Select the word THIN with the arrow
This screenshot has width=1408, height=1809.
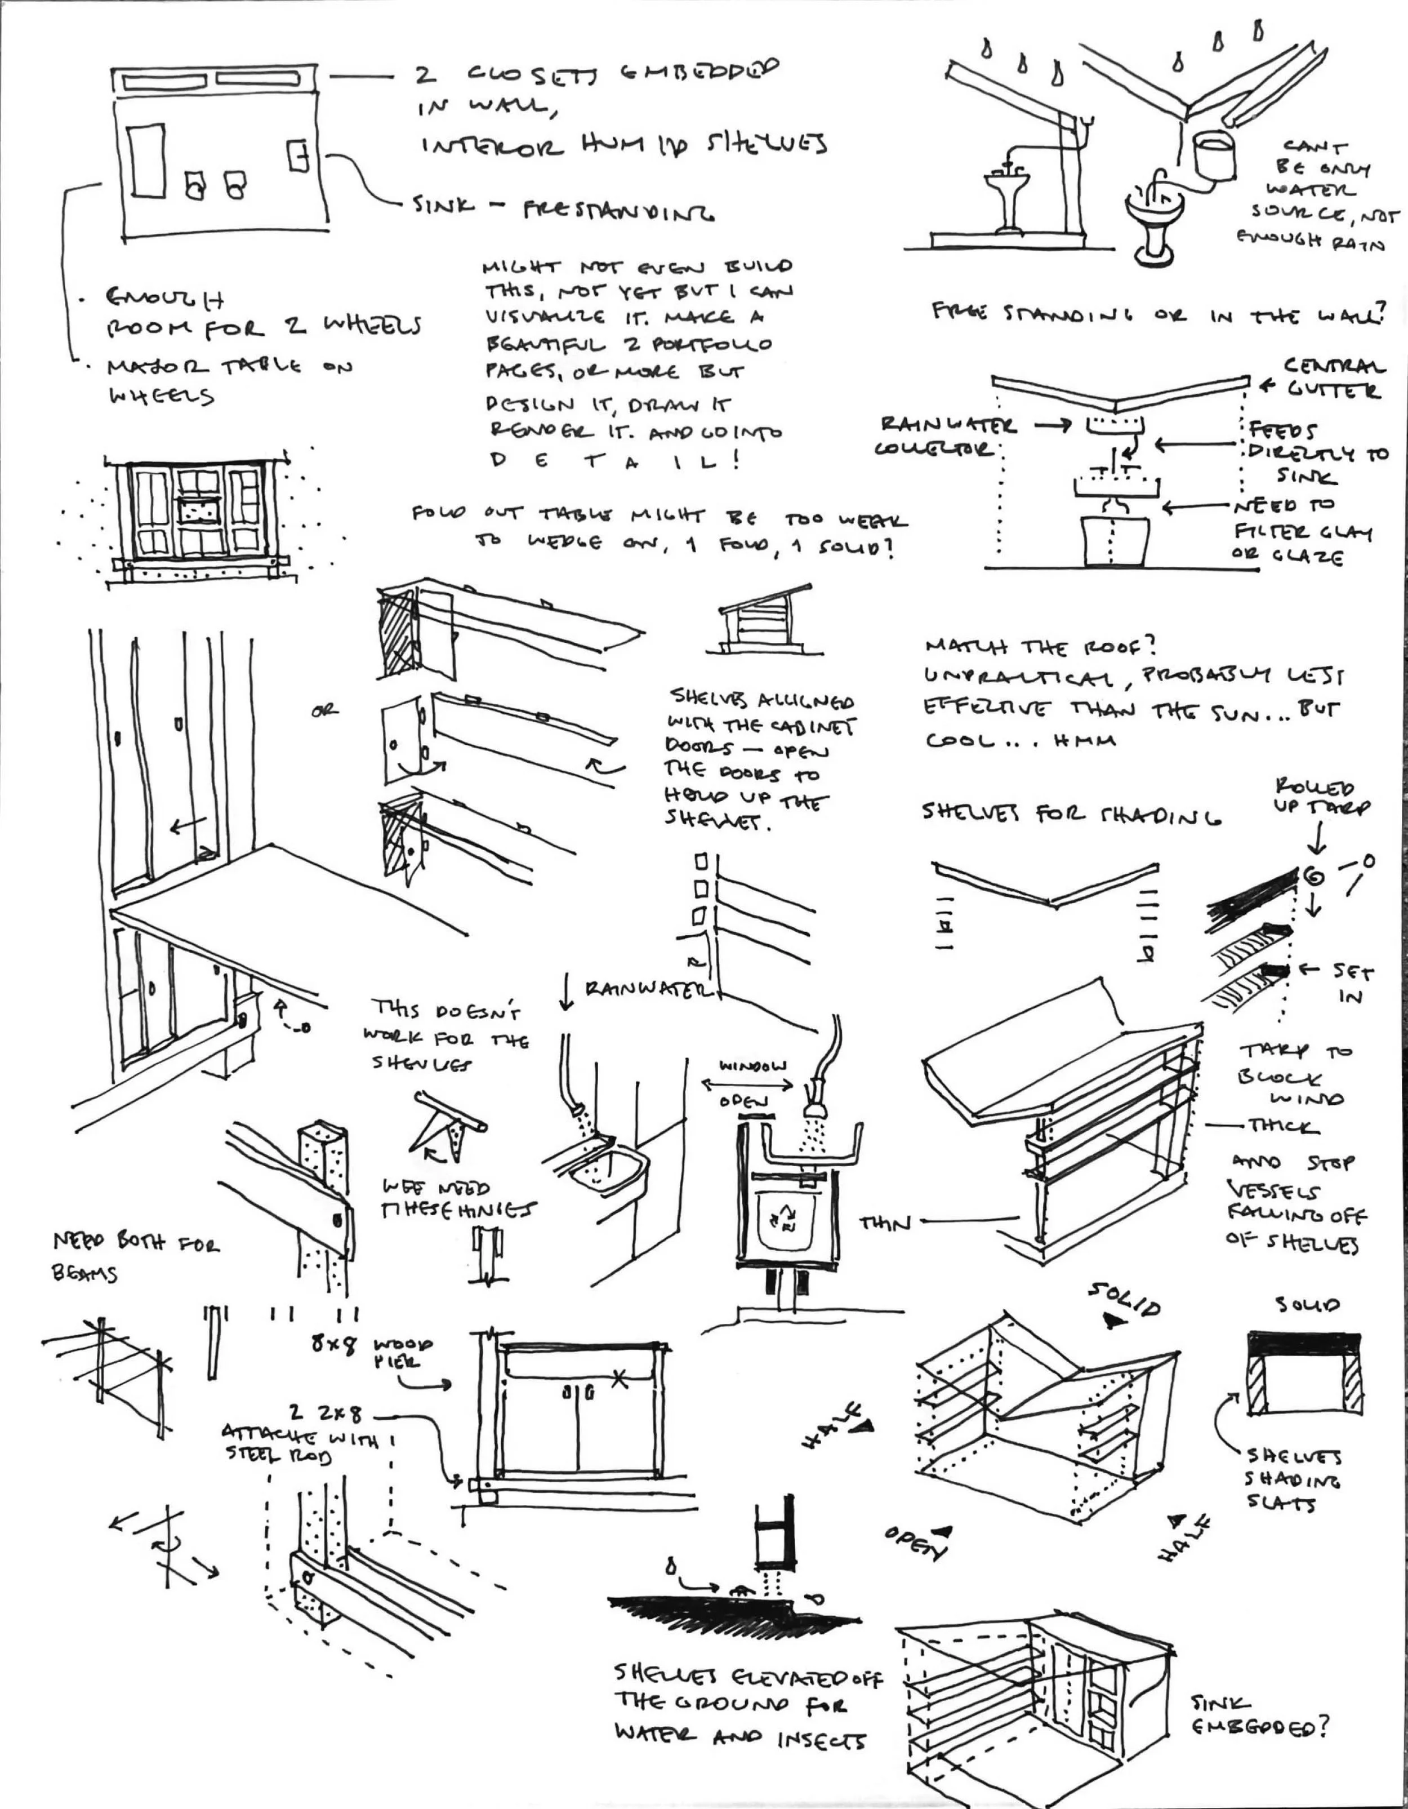(x=885, y=1223)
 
